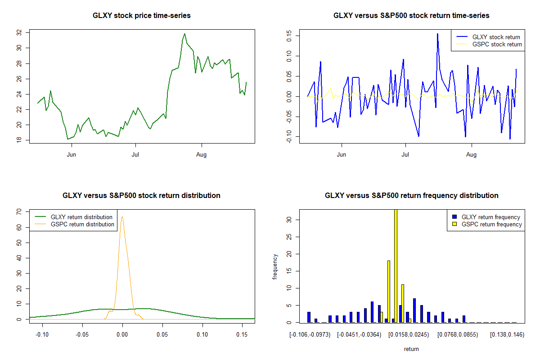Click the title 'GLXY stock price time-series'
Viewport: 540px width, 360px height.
(141, 16)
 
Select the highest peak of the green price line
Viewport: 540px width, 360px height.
(184, 33)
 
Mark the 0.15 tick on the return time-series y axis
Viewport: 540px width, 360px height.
(289, 36)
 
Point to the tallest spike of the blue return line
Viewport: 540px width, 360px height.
(437, 33)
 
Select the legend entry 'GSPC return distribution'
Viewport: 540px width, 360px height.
(82, 225)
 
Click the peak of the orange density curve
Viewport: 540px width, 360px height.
(122, 217)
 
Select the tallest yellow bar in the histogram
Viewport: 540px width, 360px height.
(396, 265)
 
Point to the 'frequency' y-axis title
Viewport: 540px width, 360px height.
(275, 267)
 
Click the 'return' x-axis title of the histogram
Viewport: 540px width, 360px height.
(411, 349)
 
